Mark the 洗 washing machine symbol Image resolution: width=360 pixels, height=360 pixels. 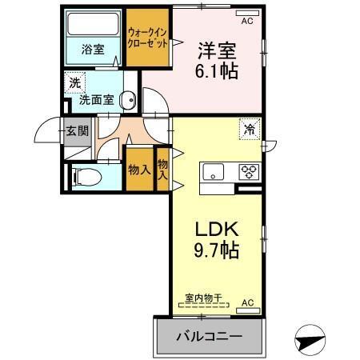[x=74, y=82]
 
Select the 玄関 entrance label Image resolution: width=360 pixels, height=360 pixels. [x=77, y=131]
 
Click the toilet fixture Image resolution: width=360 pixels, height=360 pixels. [x=84, y=178]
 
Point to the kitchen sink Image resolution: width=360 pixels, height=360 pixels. [x=214, y=171]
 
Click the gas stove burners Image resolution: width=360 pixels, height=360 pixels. [x=247, y=171]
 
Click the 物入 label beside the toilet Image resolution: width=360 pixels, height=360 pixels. [x=139, y=170]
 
